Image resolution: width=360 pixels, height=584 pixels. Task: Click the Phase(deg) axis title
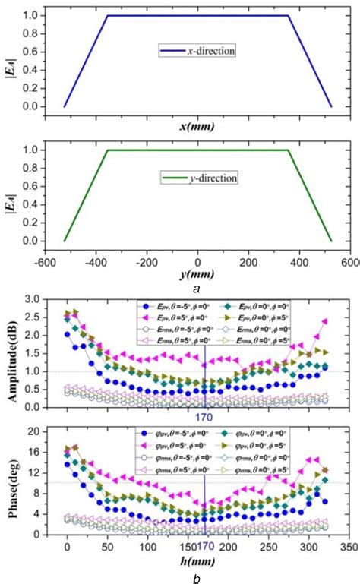click(14, 482)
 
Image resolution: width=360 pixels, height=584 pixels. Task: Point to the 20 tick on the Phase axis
click(44, 431)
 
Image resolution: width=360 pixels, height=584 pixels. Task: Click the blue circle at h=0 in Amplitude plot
click(68, 334)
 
